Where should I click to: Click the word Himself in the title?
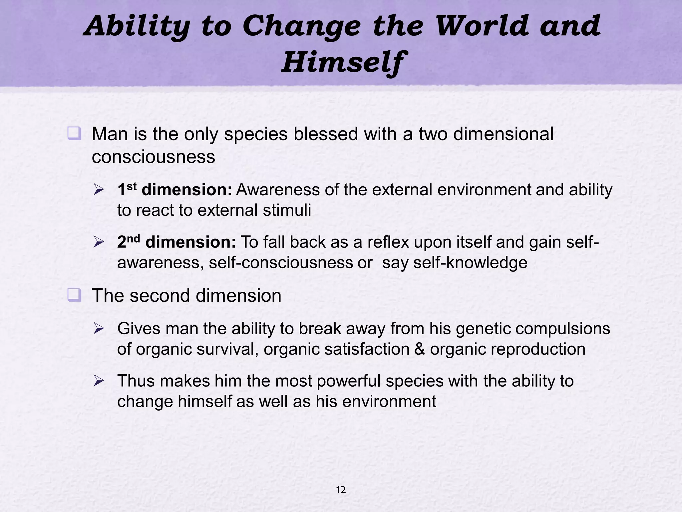point(342,62)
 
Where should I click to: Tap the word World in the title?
point(482,26)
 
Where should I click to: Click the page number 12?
point(341,490)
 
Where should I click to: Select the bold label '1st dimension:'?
point(174,190)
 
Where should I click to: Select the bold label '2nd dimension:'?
point(176,242)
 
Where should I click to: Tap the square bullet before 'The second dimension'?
point(74,295)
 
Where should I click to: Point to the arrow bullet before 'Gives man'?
point(99,329)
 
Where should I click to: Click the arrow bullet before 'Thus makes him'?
point(99,381)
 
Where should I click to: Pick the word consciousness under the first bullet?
point(153,157)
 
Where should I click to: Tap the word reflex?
point(388,242)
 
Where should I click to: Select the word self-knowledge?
point(470,263)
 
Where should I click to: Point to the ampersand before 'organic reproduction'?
point(420,349)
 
